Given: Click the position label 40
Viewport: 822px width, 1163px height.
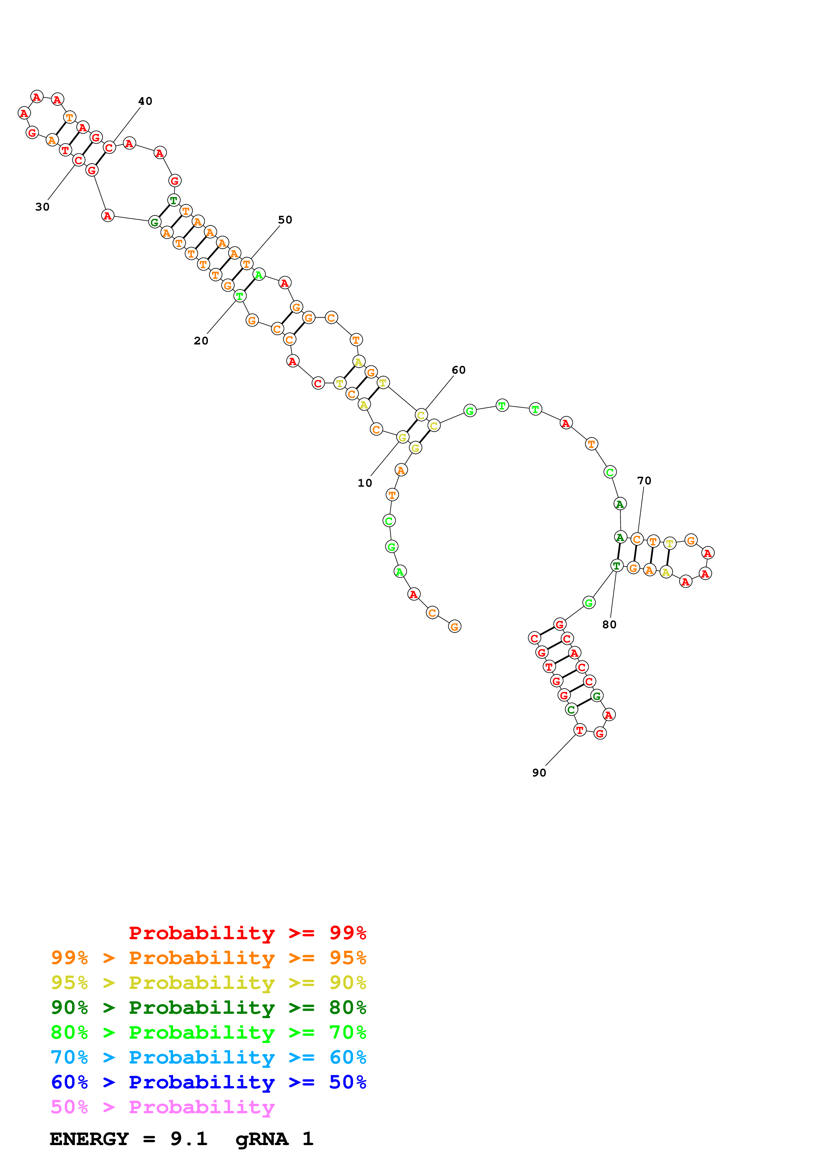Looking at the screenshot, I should click(x=145, y=101).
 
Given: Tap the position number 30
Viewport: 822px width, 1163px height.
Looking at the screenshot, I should click(x=42, y=207).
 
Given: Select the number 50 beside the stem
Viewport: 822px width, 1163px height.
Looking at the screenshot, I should click(x=285, y=220).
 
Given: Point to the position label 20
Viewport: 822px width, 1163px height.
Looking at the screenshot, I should click(x=201, y=341).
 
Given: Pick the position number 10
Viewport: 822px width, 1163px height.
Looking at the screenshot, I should click(x=365, y=483).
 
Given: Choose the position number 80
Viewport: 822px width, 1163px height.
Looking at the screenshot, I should click(x=609, y=625).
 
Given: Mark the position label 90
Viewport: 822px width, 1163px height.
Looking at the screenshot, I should click(x=539, y=772).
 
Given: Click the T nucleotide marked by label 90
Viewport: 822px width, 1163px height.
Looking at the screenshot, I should click(x=579, y=730).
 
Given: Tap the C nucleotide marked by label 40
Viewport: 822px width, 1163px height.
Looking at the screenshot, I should click(x=109, y=148).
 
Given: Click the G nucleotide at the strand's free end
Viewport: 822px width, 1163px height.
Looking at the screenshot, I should click(x=454, y=627).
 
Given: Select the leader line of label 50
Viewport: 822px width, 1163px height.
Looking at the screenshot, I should click(x=265, y=242).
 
